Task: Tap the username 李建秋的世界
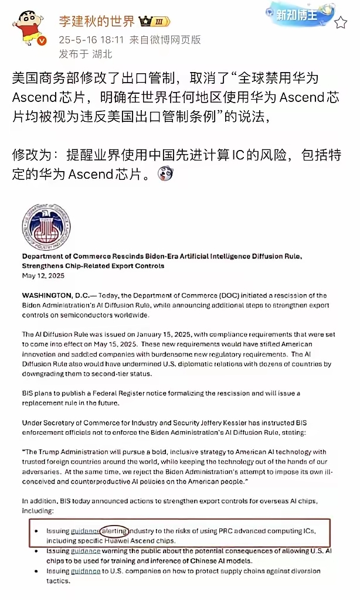97,22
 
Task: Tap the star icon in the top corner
341,23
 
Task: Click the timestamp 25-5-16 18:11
91,40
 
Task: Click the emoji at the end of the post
166,174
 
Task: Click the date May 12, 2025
43,275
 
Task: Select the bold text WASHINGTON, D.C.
55,295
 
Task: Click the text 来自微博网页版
165,40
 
